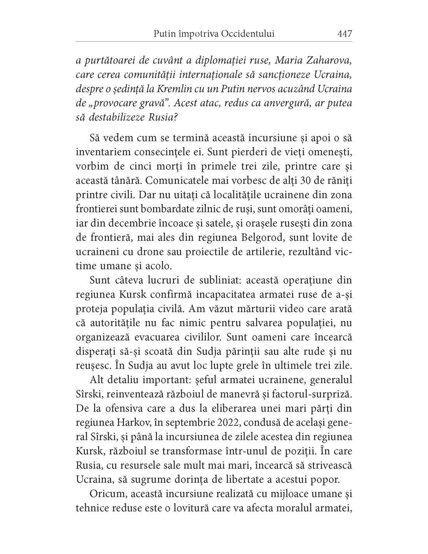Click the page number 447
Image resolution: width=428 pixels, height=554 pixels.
(x=345, y=34)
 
